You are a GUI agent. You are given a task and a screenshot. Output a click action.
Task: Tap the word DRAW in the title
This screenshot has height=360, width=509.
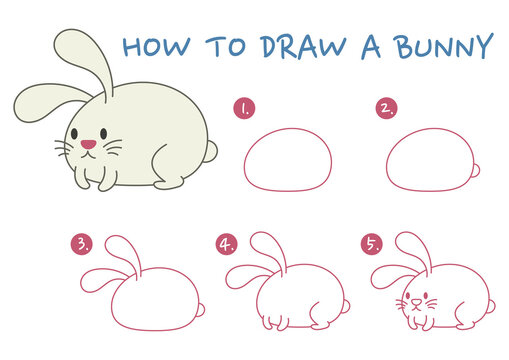point(296,46)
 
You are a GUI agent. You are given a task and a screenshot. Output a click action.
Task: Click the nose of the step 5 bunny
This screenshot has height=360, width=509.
point(412,302)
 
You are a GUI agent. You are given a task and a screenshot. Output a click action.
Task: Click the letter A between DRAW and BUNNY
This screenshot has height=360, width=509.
point(372,46)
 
